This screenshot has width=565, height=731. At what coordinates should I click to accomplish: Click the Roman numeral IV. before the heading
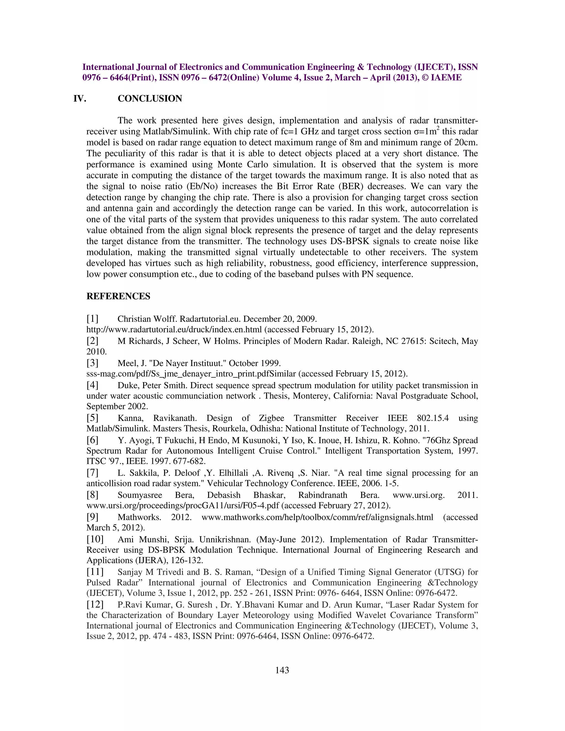[80, 99]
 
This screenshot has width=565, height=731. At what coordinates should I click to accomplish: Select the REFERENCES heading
[118, 296]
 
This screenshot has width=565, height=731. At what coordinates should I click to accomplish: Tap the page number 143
[282, 677]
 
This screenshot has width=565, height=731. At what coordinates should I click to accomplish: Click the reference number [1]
[92, 318]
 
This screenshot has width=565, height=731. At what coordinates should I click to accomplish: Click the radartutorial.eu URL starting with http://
[174, 330]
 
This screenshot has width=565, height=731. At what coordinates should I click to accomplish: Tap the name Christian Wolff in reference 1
[143, 319]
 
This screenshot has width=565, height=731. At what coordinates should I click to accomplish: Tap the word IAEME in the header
[446, 78]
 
